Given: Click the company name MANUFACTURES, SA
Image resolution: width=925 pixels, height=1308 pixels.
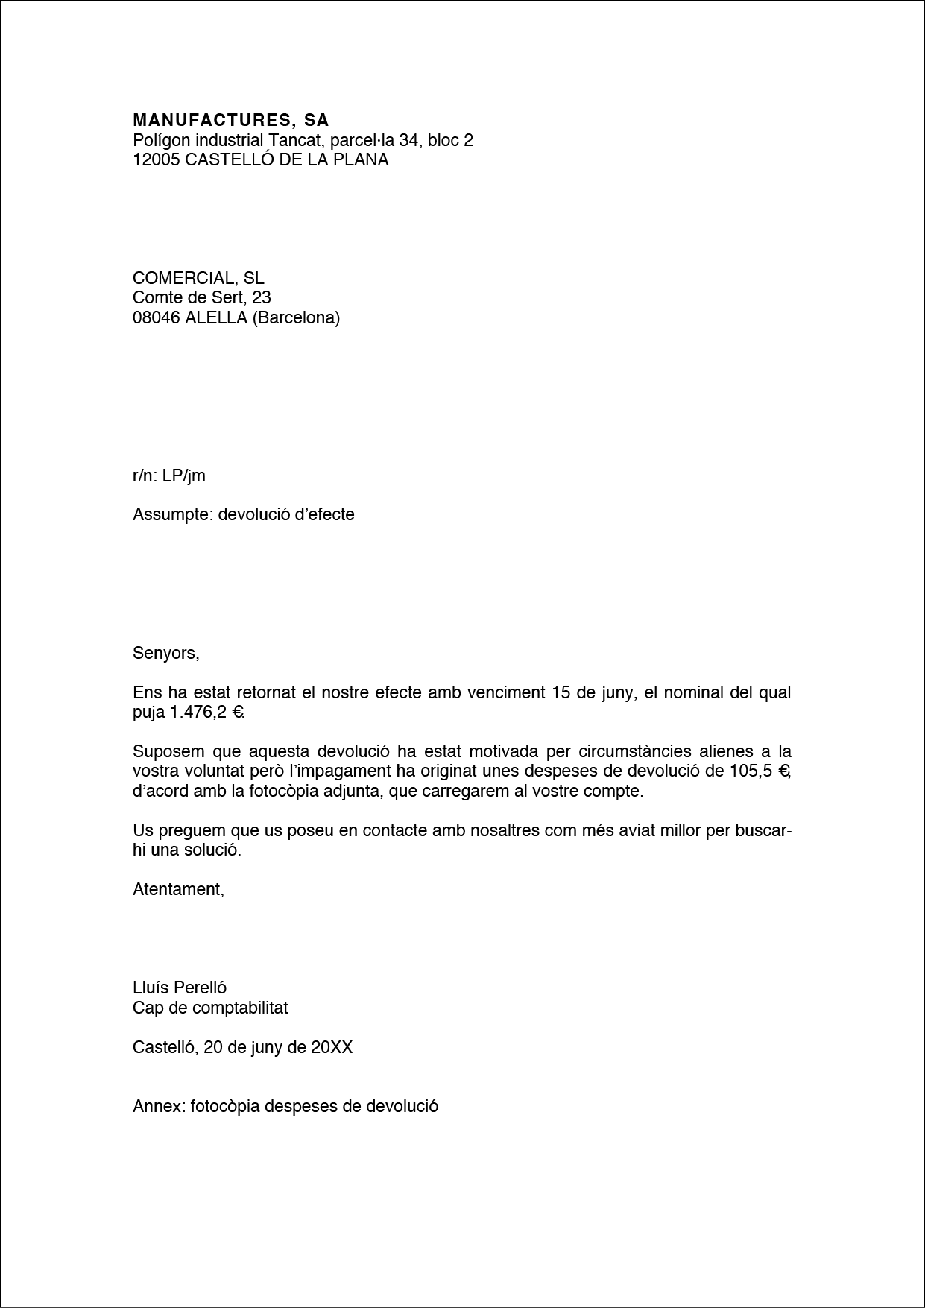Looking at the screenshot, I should (x=230, y=120).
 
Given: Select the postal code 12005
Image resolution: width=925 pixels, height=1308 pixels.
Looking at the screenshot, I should (x=156, y=159).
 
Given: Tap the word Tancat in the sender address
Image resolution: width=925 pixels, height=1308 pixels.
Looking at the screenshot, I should (x=293, y=140).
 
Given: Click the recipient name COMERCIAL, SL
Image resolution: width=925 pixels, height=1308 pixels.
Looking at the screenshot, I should (x=198, y=278).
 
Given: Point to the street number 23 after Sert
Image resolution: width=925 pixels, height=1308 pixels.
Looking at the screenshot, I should (x=262, y=298).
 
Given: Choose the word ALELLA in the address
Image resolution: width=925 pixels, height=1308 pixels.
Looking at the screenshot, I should (x=216, y=318).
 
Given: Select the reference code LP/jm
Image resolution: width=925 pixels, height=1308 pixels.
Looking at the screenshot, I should (x=183, y=476).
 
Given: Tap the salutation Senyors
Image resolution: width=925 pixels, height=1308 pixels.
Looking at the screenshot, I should (x=165, y=654).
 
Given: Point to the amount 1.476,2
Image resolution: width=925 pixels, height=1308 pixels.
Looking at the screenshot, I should (x=198, y=712).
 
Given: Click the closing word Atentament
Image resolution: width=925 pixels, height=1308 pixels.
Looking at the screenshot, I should (x=177, y=889).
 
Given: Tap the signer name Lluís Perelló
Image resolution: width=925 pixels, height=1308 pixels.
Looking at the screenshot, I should (x=180, y=988).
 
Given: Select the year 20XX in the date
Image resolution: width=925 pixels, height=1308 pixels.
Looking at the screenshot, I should (x=332, y=1048).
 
